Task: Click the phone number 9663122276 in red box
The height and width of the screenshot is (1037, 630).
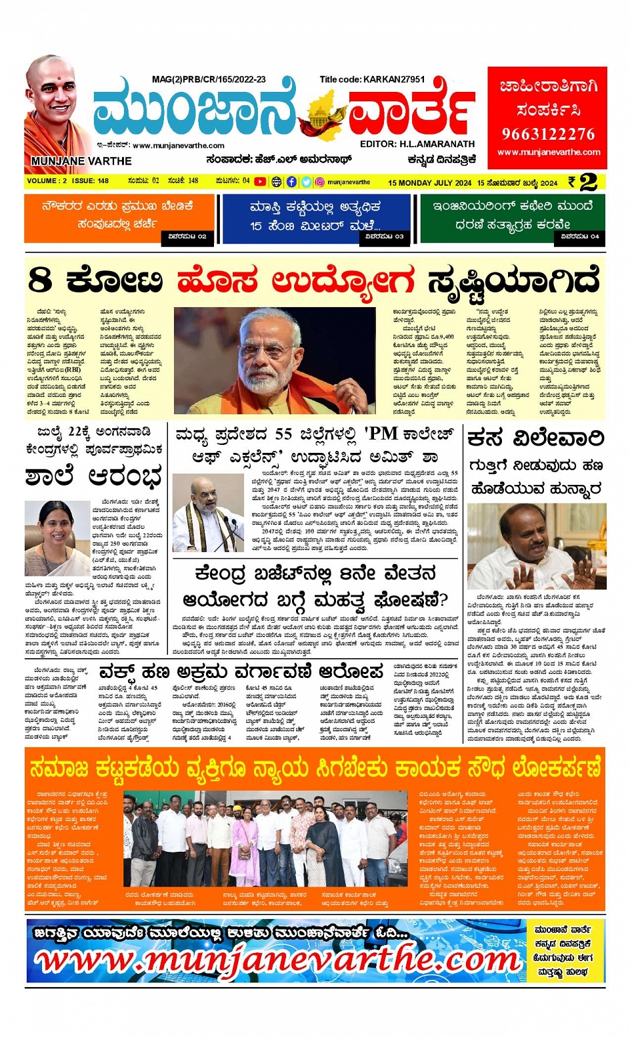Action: (548, 134)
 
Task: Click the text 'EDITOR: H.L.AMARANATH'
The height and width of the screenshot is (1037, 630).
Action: (417, 144)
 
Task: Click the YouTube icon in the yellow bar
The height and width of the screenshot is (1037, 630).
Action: (260, 182)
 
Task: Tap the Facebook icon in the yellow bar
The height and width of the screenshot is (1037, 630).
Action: (291, 182)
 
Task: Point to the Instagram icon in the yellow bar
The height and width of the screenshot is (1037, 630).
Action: (320, 182)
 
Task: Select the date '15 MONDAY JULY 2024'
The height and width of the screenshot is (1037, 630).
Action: (429, 182)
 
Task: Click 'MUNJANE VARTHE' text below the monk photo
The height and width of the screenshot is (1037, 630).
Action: (81, 161)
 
